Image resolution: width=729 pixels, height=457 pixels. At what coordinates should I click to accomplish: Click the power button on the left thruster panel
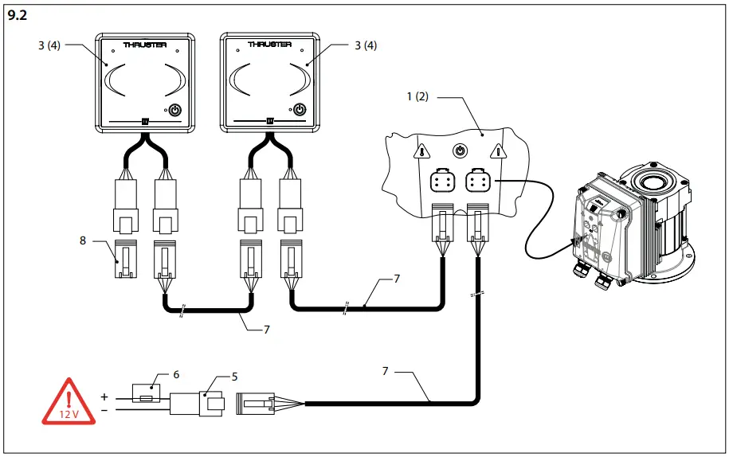point(176,111)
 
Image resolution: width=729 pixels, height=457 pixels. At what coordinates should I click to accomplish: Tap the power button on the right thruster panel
point(300,111)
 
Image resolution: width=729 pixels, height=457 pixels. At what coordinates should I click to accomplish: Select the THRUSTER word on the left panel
point(145,45)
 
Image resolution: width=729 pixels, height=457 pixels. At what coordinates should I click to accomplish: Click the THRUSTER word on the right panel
point(268,45)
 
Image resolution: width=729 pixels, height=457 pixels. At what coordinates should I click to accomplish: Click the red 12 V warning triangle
point(69,402)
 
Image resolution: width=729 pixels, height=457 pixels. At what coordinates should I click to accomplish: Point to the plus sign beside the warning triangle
point(104,396)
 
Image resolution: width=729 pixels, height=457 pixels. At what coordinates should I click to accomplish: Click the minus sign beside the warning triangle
point(104,410)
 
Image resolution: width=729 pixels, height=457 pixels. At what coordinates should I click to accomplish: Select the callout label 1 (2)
point(417,97)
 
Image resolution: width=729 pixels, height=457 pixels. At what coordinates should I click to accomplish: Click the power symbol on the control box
point(460,150)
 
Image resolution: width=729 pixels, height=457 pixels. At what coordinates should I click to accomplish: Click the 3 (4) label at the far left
point(49,45)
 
